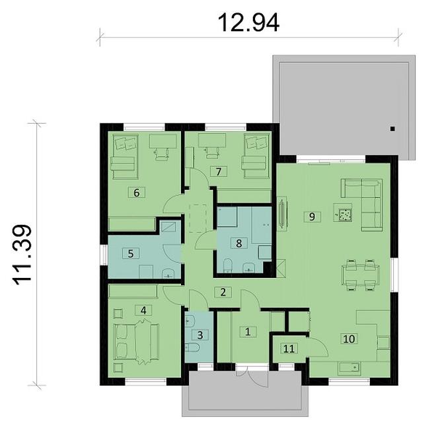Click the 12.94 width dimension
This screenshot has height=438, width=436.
248,23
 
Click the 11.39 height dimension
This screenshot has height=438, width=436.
22,255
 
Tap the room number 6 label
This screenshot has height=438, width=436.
136,193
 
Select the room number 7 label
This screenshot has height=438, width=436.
219,171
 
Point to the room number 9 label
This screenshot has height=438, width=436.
312,216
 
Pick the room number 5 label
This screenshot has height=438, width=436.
131,253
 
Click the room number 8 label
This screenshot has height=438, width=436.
238,243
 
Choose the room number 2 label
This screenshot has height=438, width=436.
223,292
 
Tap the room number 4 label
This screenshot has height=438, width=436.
143,310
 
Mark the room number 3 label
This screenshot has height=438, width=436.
200,335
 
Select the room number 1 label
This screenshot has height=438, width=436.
248,332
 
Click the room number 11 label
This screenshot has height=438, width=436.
289,349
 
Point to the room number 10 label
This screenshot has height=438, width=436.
349,339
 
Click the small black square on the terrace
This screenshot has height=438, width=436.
393,129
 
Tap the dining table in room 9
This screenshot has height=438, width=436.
361,275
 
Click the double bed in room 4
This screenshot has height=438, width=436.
136,341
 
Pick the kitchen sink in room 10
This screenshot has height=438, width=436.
349,369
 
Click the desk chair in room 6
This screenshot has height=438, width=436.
162,153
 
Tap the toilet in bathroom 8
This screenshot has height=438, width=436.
228,265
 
